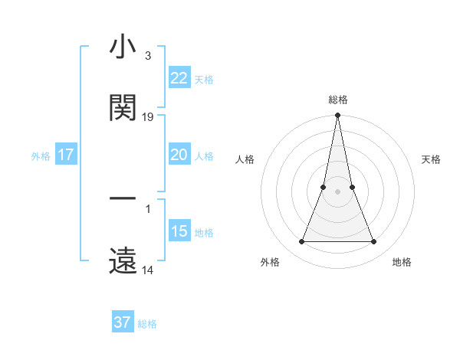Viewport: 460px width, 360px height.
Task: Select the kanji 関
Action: click(123, 108)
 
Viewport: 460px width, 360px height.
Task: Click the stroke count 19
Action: click(148, 117)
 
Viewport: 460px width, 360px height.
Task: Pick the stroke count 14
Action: click(148, 270)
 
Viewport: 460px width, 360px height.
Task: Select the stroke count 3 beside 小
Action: click(147, 56)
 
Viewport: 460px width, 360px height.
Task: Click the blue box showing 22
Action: click(179, 78)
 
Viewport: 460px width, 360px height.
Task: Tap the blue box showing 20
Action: click(179, 155)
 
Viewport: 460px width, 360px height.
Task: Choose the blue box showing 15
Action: click(179, 231)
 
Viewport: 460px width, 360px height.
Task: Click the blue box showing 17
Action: click(66, 155)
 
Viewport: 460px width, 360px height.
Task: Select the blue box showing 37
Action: click(122, 322)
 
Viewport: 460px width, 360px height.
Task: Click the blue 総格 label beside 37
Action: click(147, 324)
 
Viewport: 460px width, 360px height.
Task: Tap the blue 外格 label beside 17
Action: click(41, 156)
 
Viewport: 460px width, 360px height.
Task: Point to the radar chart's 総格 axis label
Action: click(337, 100)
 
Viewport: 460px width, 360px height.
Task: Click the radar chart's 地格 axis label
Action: click(402, 263)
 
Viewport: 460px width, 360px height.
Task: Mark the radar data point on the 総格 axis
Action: click(337, 116)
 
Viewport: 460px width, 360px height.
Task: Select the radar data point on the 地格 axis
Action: click(374, 242)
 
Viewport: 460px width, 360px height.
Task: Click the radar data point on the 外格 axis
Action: click(301, 242)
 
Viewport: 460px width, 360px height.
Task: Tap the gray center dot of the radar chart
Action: click(337, 191)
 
